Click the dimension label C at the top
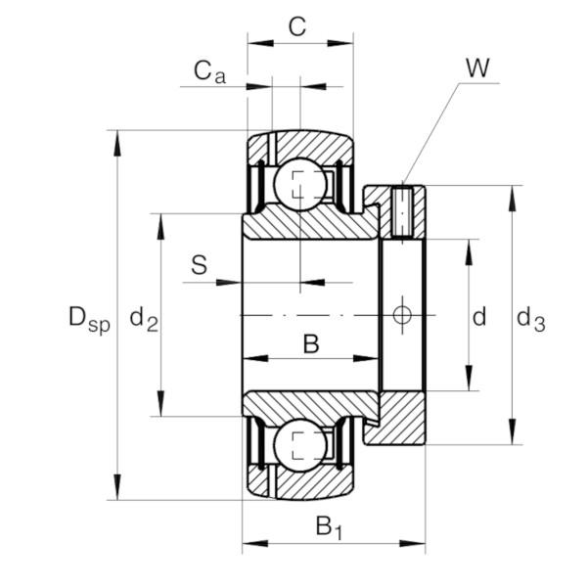(x=297, y=26)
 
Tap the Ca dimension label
(x=209, y=71)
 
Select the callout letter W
(x=477, y=68)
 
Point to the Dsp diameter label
(x=89, y=319)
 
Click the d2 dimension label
(x=144, y=320)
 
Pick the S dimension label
(x=199, y=265)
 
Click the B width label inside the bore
(x=311, y=344)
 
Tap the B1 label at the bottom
(x=329, y=527)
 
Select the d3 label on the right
(x=531, y=319)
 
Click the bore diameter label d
(x=479, y=317)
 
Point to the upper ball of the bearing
(x=300, y=185)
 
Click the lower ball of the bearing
(x=300, y=445)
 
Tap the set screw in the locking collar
(x=402, y=213)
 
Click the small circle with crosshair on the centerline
(x=402, y=315)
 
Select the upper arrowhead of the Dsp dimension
(x=117, y=144)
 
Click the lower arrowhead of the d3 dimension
(x=513, y=431)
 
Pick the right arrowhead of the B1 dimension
(x=412, y=543)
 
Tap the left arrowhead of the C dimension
(x=260, y=43)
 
